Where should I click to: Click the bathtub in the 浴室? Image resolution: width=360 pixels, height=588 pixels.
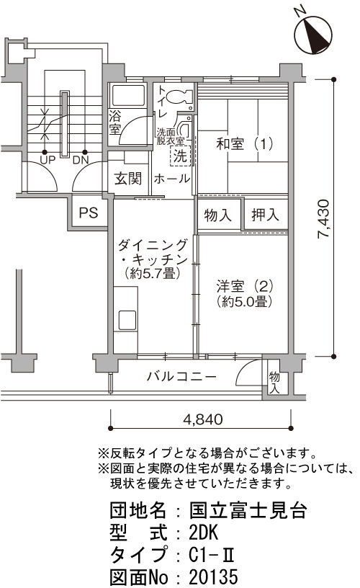[x=127, y=96]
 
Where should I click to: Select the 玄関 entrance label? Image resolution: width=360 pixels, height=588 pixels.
[x=128, y=179]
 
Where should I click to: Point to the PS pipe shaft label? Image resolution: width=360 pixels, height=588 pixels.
[x=89, y=213]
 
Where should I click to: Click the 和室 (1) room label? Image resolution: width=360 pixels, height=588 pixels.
[x=245, y=143]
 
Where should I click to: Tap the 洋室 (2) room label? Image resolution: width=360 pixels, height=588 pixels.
[x=245, y=287]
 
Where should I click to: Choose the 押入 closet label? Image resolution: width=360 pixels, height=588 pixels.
[x=265, y=215]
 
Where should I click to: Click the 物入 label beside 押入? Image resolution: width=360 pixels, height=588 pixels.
[x=218, y=215]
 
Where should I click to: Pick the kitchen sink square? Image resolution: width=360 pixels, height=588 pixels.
[x=127, y=320]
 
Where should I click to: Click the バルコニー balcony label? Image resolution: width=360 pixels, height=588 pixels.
[x=181, y=375]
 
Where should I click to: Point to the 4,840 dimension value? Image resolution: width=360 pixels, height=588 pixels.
[x=202, y=419]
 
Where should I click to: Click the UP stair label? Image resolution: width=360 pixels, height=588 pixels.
[x=48, y=160]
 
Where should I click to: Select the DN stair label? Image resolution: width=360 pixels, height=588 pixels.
[x=81, y=160]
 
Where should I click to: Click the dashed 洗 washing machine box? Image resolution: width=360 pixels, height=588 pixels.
[x=181, y=156]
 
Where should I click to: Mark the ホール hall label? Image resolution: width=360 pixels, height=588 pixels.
[x=172, y=179]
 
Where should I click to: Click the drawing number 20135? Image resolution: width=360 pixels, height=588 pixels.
[x=213, y=576]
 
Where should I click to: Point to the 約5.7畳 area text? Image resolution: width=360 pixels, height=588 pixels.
[x=153, y=273]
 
